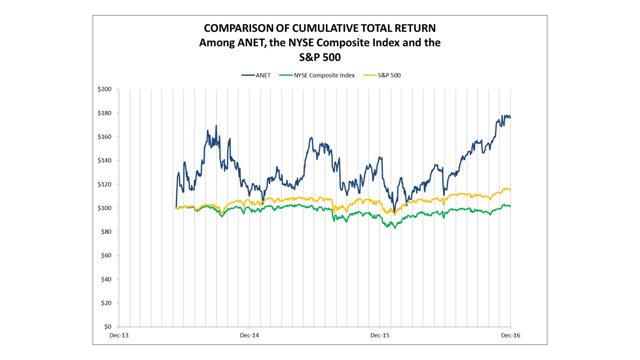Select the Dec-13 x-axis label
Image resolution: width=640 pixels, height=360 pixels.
tap(118, 335)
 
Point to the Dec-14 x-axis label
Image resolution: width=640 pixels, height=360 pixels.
tap(249, 335)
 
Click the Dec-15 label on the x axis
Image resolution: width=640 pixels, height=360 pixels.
tap(379, 335)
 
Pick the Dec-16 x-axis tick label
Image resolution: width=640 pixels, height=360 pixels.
tap(510, 335)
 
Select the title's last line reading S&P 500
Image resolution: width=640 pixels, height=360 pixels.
tap(319, 57)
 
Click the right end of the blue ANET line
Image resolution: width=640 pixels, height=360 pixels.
tap(510, 118)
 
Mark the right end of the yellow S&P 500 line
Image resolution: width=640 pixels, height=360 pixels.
tap(510, 190)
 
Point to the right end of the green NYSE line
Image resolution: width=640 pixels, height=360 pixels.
tap(510, 206)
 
